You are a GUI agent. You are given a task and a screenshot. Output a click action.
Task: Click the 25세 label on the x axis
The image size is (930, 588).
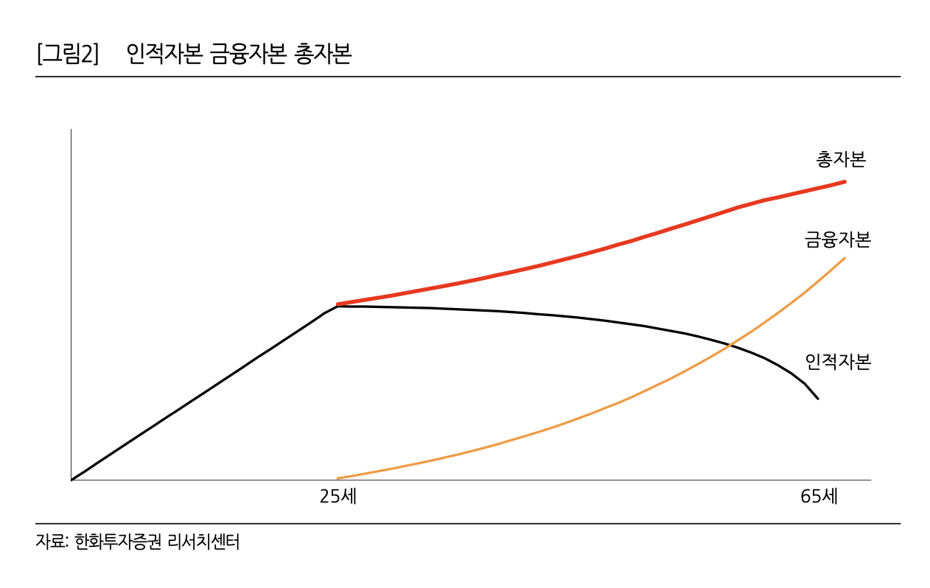coord(338,497)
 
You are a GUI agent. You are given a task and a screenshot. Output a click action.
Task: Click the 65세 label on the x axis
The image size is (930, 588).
coord(819,497)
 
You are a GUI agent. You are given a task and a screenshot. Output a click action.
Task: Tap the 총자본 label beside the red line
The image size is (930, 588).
coord(841,159)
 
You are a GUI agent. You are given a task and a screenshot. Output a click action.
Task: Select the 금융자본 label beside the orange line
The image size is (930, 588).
coord(837,239)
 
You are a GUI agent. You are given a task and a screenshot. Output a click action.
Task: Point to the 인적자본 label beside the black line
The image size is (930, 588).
coord(837,362)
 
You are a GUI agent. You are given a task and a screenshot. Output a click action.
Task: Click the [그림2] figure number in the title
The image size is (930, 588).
coord(67,55)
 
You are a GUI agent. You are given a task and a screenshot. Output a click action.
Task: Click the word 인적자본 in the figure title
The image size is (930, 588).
coord(163,55)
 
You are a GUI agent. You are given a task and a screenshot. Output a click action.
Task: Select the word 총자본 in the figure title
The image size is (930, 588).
coord(322,55)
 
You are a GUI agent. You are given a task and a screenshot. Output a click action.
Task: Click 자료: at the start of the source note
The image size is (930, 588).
coord(52,542)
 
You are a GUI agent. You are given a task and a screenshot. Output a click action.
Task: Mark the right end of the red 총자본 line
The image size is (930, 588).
coord(845,181)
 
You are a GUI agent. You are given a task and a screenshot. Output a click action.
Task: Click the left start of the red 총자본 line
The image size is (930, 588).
coord(338,304)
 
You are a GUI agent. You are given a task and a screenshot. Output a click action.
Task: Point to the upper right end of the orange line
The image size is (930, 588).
coord(845,258)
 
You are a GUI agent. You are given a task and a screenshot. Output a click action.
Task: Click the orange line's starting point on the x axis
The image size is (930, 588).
coord(338,478)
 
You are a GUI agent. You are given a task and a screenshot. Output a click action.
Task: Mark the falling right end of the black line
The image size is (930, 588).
coord(818,399)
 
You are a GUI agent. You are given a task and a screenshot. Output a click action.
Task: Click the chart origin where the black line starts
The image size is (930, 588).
coord(71,480)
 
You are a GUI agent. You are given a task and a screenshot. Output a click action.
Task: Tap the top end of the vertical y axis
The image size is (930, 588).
coord(71,130)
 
